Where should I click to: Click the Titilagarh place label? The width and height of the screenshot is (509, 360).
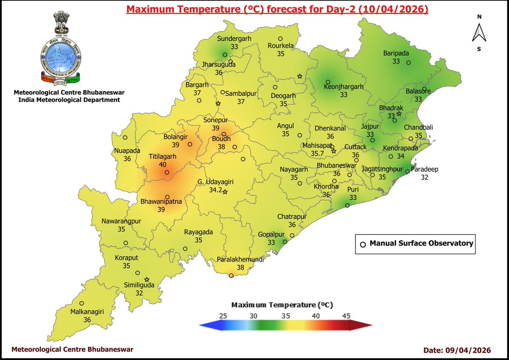click(162, 156)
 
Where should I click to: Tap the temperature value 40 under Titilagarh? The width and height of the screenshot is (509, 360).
click(162, 164)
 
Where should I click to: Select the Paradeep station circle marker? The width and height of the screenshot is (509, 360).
click(407, 172)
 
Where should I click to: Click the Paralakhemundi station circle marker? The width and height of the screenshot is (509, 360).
click(231, 276)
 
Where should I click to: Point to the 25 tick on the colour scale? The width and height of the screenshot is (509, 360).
click(224, 316)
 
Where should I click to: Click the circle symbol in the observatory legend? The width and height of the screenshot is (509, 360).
click(363, 244)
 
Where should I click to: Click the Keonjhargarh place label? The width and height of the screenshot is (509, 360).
click(344, 87)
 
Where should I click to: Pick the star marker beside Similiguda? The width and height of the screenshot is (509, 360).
click(147, 280)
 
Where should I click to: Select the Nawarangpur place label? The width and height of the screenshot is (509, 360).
click(122, 221)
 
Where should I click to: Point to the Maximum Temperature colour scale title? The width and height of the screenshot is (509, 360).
click(282, 305)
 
